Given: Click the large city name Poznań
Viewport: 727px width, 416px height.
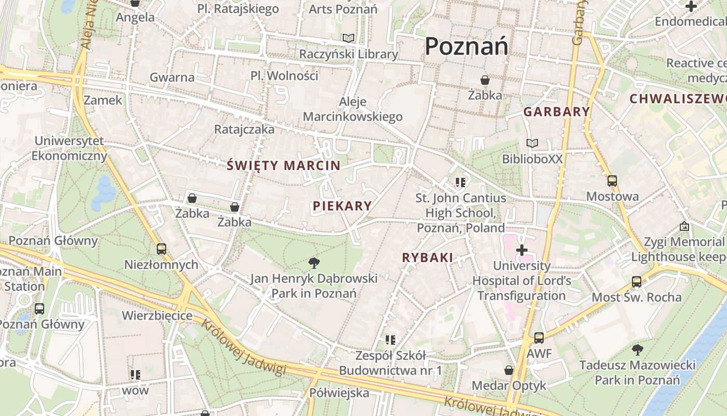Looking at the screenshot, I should click(466, 46).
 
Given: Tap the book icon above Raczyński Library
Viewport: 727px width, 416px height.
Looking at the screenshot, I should click(348, 38).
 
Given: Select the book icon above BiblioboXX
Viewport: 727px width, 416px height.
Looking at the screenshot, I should click(532, 143).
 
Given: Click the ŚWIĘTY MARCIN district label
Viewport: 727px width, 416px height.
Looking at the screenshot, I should click(284, 166).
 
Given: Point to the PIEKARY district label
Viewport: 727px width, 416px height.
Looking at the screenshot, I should click(342, 206).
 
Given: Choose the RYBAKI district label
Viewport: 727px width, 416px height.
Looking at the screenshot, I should click(427, 257).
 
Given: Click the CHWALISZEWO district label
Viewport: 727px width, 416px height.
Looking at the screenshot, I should click(678, 98).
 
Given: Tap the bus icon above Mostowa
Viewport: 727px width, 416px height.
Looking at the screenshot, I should click(612, 181).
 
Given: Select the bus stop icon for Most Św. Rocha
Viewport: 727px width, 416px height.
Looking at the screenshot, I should click(637, 282).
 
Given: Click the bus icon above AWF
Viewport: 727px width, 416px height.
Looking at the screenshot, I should click(539, 338).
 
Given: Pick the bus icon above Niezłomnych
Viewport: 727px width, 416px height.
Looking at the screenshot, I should click(161, 249).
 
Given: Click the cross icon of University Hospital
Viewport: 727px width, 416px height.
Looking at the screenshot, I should click(522, 251).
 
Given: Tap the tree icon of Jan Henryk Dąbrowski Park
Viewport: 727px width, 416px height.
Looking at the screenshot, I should click(314, 263).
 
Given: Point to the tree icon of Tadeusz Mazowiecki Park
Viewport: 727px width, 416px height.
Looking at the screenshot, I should click(637, 349).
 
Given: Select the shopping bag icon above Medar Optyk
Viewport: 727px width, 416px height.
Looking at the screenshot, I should click(509, 370).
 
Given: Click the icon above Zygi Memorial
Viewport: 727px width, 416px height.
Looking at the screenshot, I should click(684, 227).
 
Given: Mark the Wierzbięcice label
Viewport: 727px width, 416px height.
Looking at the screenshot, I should click(157, 316).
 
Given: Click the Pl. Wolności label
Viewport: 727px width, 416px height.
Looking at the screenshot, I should click(284, 75).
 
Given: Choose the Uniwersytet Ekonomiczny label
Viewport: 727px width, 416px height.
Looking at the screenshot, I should click(69, 148).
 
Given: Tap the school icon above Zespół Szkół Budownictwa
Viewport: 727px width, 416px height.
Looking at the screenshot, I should click(391, 340).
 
